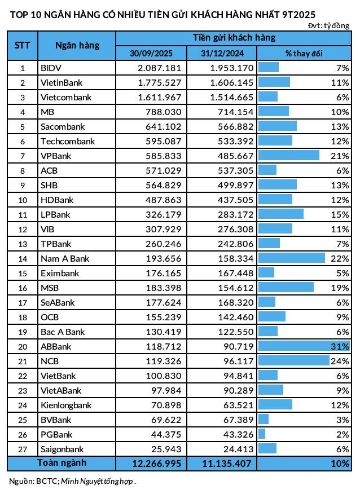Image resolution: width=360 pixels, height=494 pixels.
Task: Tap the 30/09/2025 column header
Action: [x=151, y=53]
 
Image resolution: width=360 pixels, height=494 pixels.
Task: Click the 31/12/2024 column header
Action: [x=221, y=53]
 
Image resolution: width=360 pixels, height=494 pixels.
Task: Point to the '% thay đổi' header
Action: [x=304, y=53]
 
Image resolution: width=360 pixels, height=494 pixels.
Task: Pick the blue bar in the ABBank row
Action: [x=304, y=346]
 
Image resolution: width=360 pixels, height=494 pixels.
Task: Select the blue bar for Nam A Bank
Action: [x=291, y=258]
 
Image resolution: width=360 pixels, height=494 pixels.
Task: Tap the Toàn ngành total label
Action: [x=62, y=463]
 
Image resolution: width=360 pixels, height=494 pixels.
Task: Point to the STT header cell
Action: [x=22, y=46]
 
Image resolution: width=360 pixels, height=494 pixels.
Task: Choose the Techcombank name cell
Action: [x=68, y=141]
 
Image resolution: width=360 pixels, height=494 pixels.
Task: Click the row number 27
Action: [x=23, y=449]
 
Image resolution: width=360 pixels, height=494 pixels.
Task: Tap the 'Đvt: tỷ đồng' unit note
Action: [x=328, y=26]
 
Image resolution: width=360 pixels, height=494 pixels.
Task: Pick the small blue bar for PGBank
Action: [x=262, y=434]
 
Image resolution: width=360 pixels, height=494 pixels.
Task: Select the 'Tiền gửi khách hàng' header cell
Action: [x=234, y=38]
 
